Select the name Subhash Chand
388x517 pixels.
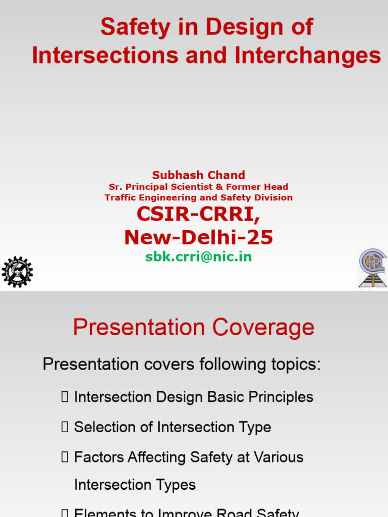click(x=199, y=175)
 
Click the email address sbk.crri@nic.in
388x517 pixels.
click(x=199, y=256)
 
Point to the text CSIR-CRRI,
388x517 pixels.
click(x=199, y=215)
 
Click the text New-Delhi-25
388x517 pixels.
click(x=199, y=237)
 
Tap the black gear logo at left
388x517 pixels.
click(x=17, y=272)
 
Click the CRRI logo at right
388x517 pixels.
click(x=372, y=268)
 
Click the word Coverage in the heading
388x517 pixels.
click(x=263, y=328)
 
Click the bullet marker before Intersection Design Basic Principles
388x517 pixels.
click(x=64, y=397)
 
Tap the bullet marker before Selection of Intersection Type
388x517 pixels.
click(x=64, y=427)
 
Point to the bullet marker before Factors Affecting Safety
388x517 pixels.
click(x=64, y=457)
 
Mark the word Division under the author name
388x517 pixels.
click(x=274, y=197)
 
